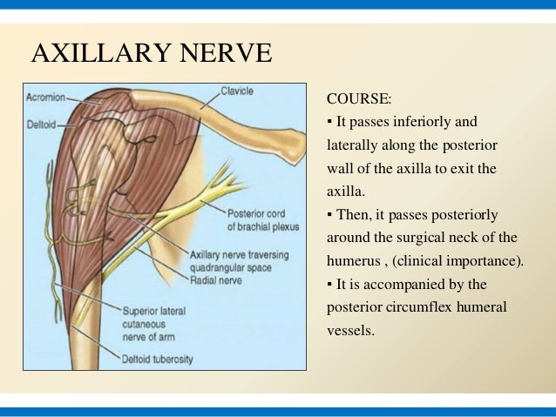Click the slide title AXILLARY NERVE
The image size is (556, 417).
pos(152,54)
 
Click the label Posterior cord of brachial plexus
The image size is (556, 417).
pos(262,219)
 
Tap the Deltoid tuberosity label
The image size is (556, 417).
pos(159,359)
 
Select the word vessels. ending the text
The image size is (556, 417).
pos(349,331)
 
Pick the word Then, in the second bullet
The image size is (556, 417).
pos(353,214)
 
